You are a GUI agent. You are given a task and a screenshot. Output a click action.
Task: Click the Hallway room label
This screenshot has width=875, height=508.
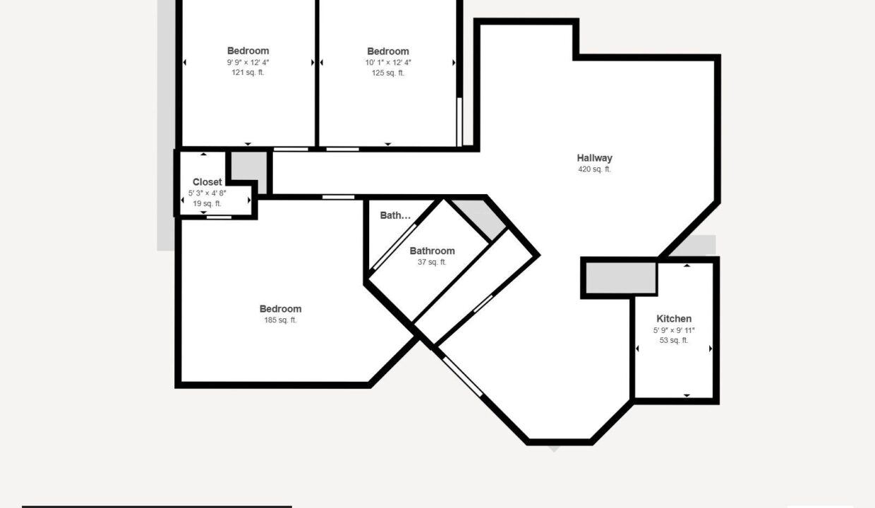595,158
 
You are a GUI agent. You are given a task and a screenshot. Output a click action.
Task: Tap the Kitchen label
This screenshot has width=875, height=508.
674,319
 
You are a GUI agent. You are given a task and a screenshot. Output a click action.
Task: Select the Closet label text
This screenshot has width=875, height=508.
207,182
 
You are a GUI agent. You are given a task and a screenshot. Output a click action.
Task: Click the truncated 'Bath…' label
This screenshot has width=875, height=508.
395,215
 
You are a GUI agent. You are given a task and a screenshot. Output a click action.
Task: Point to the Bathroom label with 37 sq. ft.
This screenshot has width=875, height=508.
432,250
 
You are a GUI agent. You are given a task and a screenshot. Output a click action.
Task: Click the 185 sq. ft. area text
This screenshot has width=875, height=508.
280,320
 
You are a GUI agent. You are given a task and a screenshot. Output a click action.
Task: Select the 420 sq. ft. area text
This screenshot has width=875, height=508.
595,169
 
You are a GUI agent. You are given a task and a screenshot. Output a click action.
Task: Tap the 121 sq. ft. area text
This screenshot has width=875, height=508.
248,72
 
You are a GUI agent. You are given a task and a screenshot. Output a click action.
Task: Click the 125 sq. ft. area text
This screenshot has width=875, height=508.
388,73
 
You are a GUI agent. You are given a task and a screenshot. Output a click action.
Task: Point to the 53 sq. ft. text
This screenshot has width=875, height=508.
674,340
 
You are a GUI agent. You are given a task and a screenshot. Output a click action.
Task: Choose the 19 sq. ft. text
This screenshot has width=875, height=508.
207,203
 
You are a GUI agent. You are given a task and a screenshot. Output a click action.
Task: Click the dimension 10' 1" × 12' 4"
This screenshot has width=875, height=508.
388,63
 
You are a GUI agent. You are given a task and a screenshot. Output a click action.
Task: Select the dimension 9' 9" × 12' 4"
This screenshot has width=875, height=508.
248,62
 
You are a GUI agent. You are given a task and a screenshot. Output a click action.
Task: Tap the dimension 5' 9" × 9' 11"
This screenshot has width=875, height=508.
674,330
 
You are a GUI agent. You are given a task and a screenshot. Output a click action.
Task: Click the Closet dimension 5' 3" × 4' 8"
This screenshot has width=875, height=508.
207,193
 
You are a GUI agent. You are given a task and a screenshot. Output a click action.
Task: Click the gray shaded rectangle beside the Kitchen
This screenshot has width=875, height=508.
621,277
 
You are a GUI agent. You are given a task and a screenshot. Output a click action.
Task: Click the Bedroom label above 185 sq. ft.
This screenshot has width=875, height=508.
280,309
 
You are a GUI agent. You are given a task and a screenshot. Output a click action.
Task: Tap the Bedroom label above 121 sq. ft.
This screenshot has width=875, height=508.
248,51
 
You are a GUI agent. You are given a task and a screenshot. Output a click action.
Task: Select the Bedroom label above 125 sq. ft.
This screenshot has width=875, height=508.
388,51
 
